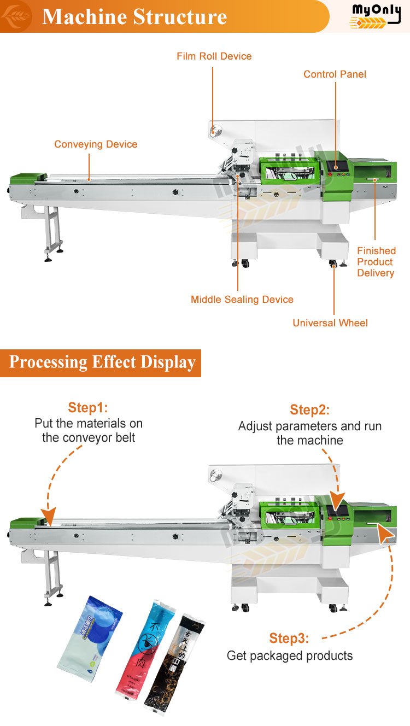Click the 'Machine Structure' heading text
pyautogui.click(x=134, y=16)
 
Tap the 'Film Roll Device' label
pyautogui.click(x=214, y=56)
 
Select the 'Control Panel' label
pyautogui.click(x=335, y=74)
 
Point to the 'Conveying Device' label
pyautogui.click(x=96, y=144)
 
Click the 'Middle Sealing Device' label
pyautogui.click(x=242, y=300)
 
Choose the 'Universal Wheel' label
pyautogui.click(x=330, y=323)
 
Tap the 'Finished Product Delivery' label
pyautogui.click(x=376, y=262)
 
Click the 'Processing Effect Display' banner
pyautogui.click(x=102, y=362)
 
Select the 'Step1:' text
pyautogui.click(x=88, y=408)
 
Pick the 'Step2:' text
pyautogui.click(x=310, y=410)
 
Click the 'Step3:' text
pyautogui.click(x=289, y=639)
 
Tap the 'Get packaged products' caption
pyautogui.click(x=290, y=655)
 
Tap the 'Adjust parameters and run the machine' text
pyautogui.click(x=310, y=433)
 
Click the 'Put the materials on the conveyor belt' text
pyautogui.click(x=89, y=430)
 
